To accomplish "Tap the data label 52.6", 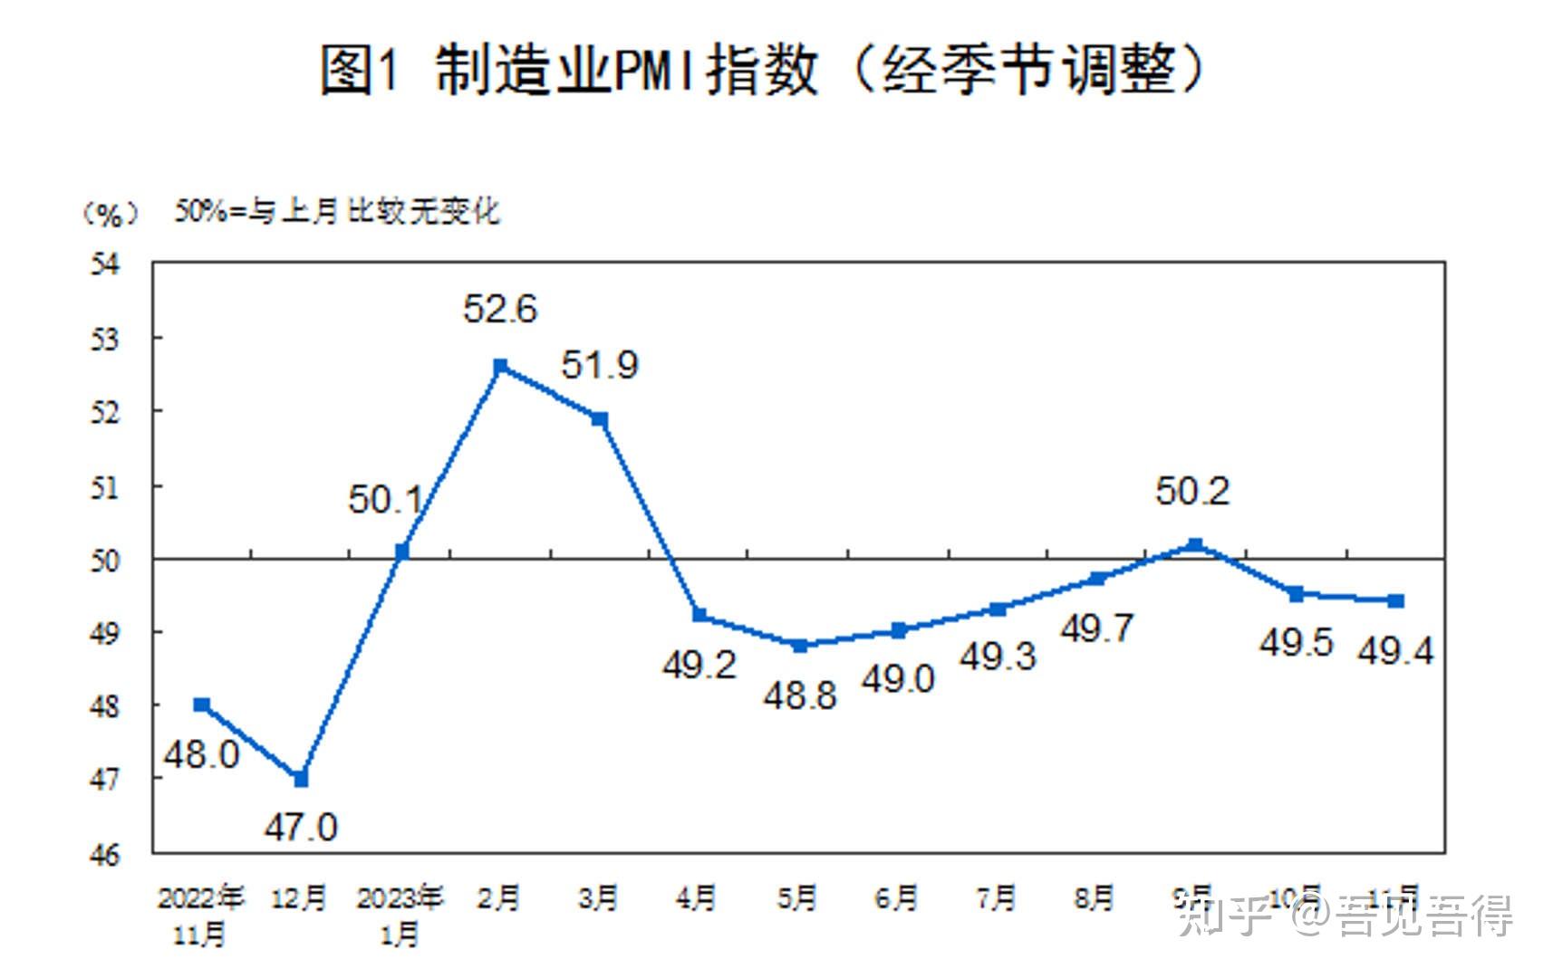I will click(499, 310).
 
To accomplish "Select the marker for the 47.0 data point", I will click(302, 779).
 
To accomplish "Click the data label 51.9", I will click(599, 366).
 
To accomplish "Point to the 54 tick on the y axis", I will click(105, 264).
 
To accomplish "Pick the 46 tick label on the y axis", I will click(105, 854).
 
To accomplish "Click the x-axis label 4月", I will click(696, 898).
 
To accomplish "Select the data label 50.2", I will click(1192, 492).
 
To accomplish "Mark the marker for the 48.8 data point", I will click(800, 646).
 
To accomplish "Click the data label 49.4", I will click(1395, 651).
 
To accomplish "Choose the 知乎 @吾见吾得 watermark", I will click(1346, 916).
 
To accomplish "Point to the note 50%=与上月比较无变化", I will click(337, 212).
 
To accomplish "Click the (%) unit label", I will click(111, 214).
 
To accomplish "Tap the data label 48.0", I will click(201, 754).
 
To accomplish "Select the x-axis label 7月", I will click(996, 898).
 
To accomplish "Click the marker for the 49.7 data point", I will click(1096, 579).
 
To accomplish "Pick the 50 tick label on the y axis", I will click(105, 561).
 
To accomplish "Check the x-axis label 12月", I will click(300, 898).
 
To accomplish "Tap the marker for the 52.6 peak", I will click(500, 367).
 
